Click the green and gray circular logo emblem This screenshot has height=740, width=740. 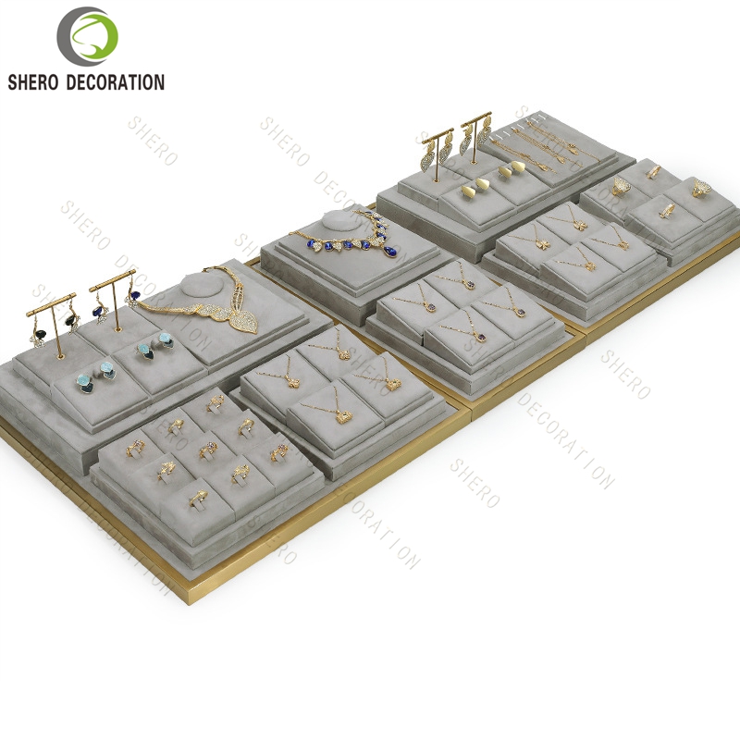[x=87, y=36]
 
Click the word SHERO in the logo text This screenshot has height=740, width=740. [x=32, y=82]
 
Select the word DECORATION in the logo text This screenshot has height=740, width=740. [x=115, y=82]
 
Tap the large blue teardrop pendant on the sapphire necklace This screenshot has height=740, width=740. [x=389, y=251]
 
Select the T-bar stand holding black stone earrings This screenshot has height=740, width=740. [x=52, y=325]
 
